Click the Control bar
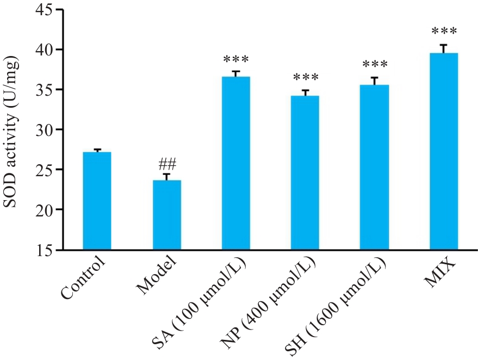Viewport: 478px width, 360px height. [x=97, y=201]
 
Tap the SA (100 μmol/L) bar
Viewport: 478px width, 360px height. [x=235, y=163]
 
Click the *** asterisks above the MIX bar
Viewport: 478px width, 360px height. [x=443, y=31]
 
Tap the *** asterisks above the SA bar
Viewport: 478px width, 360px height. [x=235, y=59]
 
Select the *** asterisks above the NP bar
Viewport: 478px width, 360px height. [x=305, y=78]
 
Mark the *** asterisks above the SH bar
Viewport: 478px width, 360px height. [x=374, y=65]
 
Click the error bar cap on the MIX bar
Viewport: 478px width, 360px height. [x=443, y=45]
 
